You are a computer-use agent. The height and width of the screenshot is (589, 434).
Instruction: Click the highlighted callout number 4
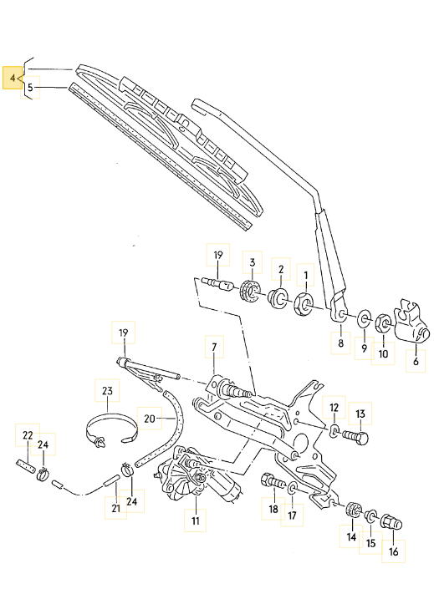coord(13,78)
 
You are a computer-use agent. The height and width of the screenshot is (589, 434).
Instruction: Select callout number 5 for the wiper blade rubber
coord(29,86)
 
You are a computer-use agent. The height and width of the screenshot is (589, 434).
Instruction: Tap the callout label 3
coord(251,263)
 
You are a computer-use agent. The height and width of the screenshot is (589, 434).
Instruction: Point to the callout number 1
coord(305,273)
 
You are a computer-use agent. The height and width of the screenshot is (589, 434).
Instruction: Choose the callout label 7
coord(213,347)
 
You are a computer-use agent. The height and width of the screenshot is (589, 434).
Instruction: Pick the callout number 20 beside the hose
coord(150,417)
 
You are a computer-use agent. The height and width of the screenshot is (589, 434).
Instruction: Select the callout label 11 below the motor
coord(195,521)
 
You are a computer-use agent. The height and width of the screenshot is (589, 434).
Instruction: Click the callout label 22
coord(27,435)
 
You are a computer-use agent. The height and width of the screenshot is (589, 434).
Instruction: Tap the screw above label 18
coord(273,482)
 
